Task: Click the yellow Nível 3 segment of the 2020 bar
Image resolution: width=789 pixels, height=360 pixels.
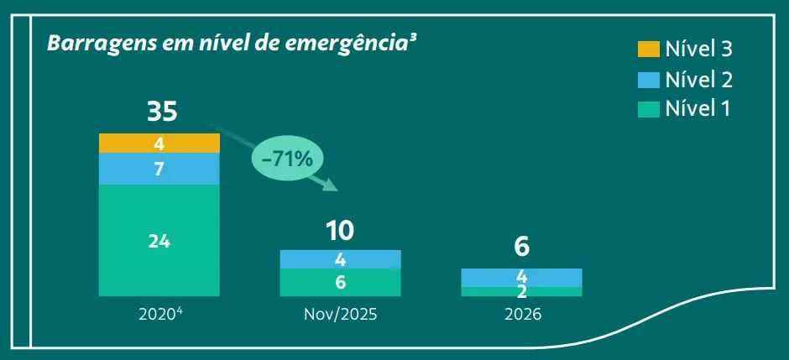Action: click(x=159, y=143)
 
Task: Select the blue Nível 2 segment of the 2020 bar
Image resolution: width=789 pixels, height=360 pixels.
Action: click(x=159, y=169)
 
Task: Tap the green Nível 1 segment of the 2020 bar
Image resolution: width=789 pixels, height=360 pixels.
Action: click(x=159, y=240)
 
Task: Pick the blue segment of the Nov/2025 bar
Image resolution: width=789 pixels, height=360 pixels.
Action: click(x=340, y=258)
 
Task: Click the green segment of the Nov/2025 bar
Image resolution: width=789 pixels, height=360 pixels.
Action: click(x=340, y=282)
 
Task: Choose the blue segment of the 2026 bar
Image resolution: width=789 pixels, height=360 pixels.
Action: click(x=521, y=278)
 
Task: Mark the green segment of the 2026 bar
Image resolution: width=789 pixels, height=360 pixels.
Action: click(x=521, y=291)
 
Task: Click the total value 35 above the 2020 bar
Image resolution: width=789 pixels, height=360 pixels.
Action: click(x=161, y=111)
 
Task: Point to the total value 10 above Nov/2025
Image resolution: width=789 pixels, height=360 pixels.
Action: click(x=340, y=230)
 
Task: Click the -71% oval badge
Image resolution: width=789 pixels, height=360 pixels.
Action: click(x=287, y=158)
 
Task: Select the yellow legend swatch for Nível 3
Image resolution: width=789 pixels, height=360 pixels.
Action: click(x=648, y=49)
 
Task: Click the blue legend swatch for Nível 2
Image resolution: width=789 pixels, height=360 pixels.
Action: click(x=648, y=79)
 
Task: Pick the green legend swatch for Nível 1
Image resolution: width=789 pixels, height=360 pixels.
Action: click(x=648, y=108)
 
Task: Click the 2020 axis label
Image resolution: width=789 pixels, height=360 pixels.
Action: click(x=159, y=316)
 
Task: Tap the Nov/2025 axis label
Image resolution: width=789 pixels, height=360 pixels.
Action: click(x=340, y=316)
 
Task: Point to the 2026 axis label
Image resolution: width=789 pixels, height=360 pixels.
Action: click(x=521, y=316)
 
